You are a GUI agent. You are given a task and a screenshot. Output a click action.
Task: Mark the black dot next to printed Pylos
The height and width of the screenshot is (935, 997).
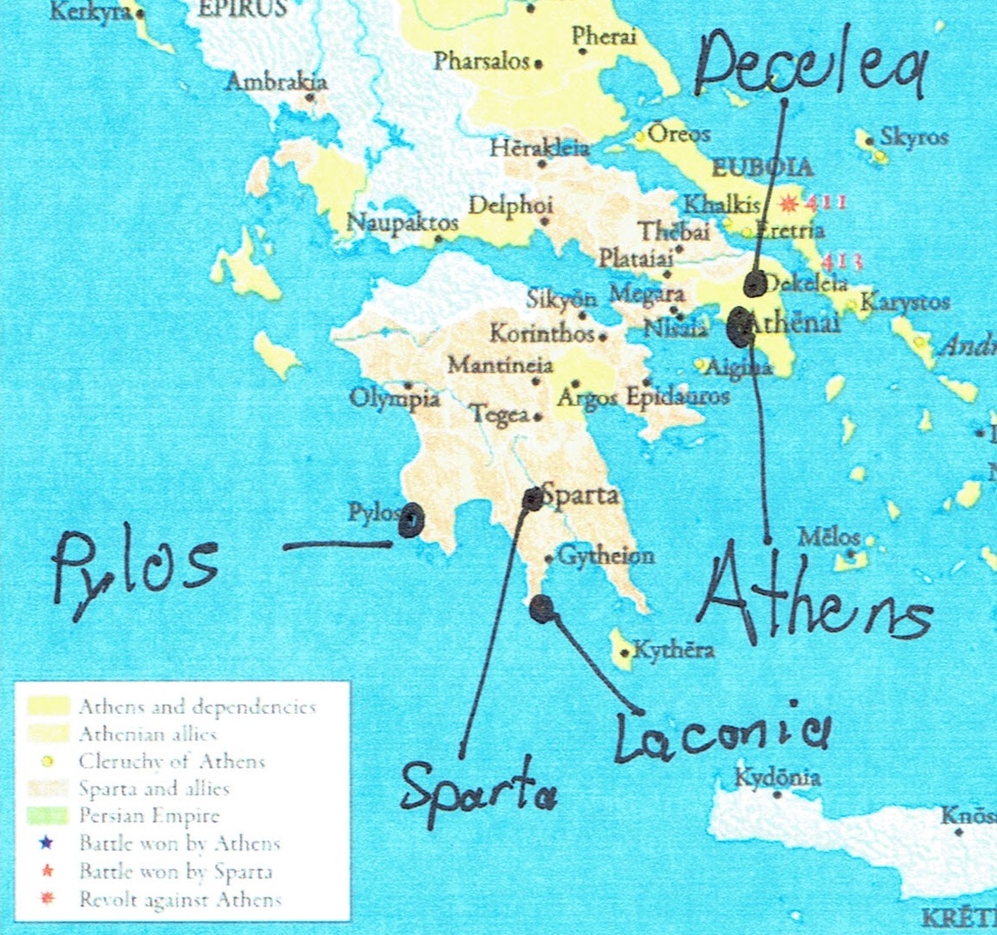pos(410,520)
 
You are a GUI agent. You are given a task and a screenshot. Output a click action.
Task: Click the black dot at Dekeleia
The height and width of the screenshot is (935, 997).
pos(754,284)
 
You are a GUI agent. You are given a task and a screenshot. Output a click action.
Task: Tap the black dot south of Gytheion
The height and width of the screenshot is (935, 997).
pos(541,608)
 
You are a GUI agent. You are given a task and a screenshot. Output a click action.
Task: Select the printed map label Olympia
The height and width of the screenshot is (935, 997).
pos(394,399)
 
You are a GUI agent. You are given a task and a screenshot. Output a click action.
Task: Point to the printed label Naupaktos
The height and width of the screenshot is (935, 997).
pos(402,223)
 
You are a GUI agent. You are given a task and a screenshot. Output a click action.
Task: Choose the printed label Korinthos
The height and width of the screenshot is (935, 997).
pos(543,333)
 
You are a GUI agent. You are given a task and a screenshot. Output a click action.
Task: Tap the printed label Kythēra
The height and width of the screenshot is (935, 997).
pos(673,650)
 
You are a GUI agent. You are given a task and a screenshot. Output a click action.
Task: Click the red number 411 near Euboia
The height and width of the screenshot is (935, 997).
pos(824,203)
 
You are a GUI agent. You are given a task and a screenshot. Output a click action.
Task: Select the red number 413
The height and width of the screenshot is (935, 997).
pos(841,261)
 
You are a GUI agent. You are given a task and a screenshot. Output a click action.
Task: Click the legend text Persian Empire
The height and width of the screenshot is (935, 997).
pos(149,816)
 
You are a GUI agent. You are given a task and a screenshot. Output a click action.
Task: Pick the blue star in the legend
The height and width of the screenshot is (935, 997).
pos(47,843)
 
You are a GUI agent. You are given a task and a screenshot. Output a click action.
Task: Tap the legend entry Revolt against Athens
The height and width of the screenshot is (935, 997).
pos(180,900)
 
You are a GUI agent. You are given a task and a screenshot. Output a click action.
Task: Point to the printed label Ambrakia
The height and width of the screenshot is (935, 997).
pos(276,83)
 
